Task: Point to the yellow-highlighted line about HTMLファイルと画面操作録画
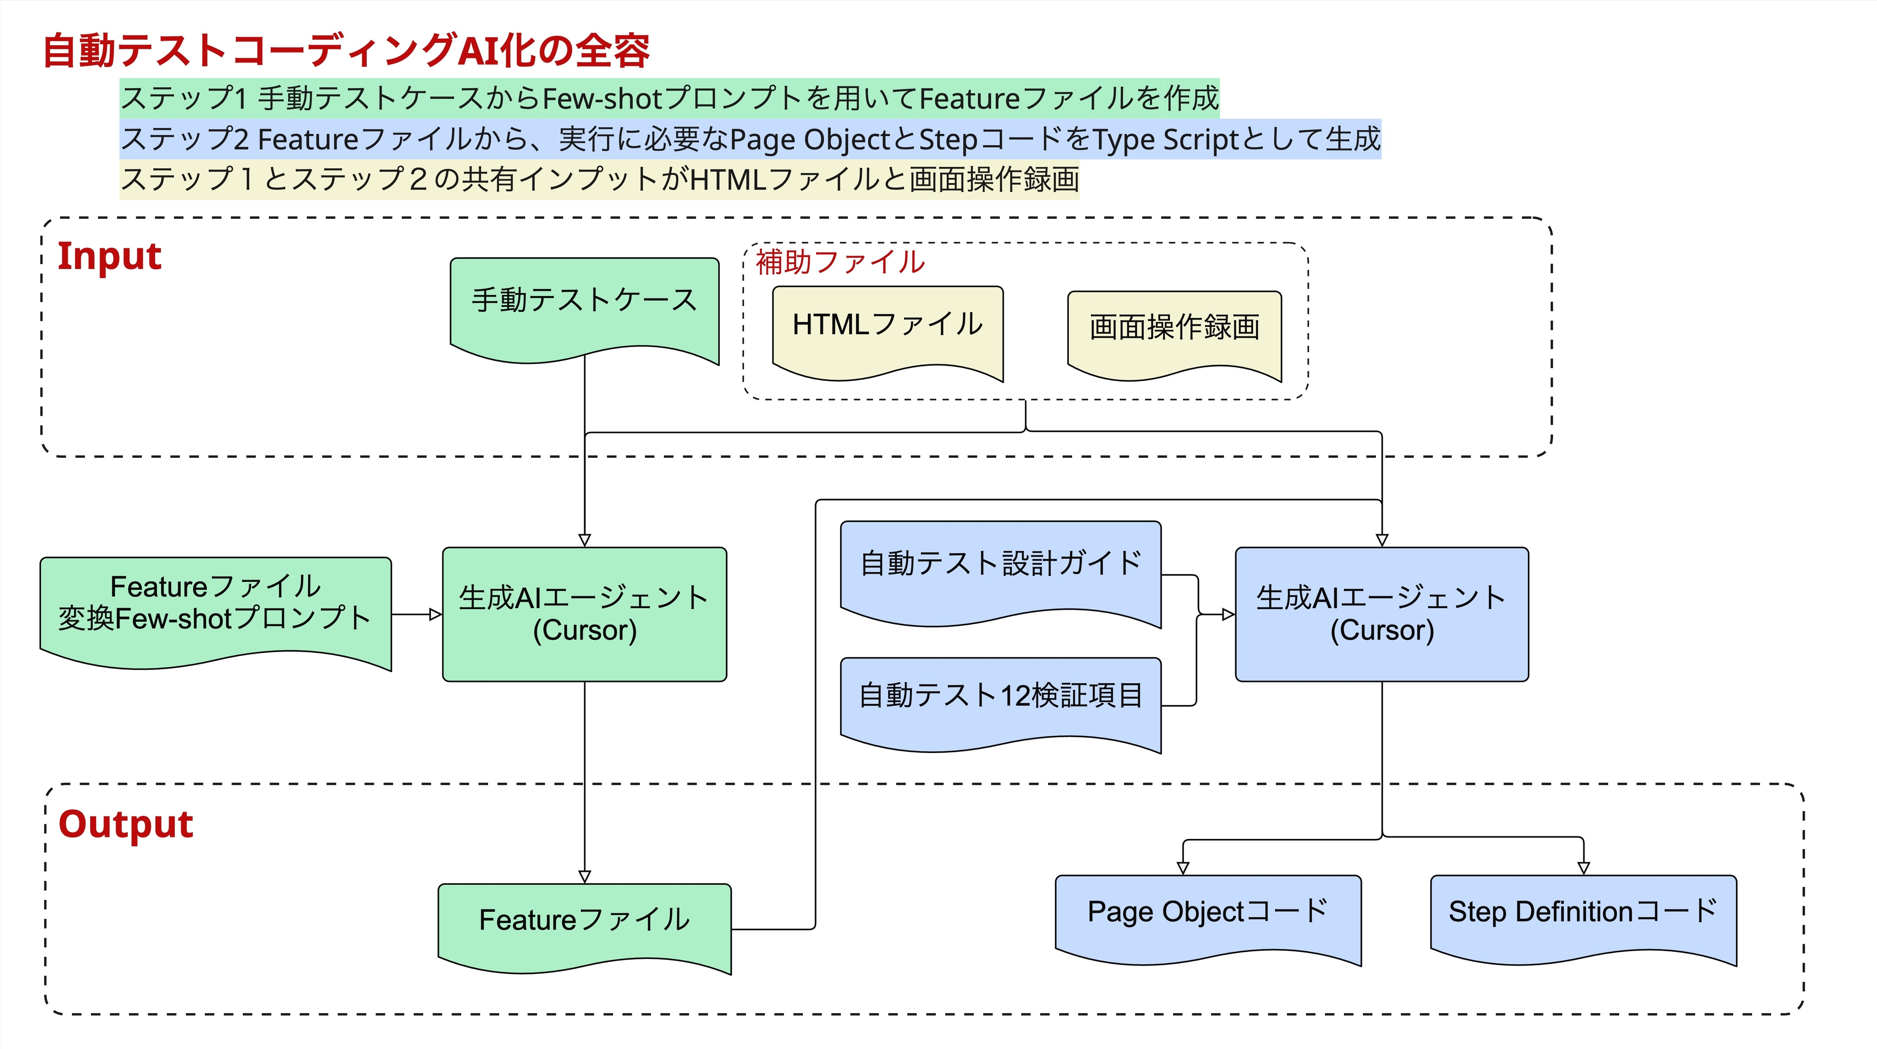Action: [x=599, y=179]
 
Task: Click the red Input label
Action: [x=109, y=256]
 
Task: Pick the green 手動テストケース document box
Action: [x=584, y=306]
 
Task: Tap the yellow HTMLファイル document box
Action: [x=887, y=328]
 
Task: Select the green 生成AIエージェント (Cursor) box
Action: [x=584, y=614]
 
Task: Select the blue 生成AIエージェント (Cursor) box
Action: [x=1381, y=614]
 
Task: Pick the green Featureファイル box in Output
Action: [x=584, y=921]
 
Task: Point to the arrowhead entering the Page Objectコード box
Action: [x=1183, y=868]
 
